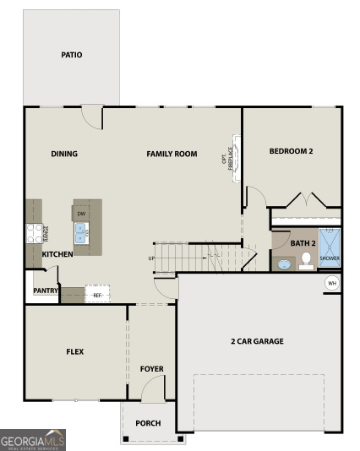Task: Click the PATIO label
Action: (x=72, y=55)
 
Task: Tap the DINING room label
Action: (x=64, y=154)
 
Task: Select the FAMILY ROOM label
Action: (x=172, y=154)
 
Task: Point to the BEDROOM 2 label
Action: (x=292, y=151)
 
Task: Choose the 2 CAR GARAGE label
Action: (x=257, y=341)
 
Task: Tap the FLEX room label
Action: (x=75, y=351)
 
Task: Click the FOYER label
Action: (x=152, y=368)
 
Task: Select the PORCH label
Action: (x=149, y=423)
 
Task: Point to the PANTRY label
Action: (x=46, y=291)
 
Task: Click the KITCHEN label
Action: (x=57, y=253)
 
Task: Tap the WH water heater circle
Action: (x=332, y=283)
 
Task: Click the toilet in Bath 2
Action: (x=306, y=261)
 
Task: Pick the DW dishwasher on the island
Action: (x=82, y=214)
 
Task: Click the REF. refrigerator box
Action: (x=97, y=296)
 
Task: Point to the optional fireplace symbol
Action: (x=235, y=158)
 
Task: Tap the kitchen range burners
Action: (x=35, y=232)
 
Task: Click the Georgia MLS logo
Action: (x=33, y=440)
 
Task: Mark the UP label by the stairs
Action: (x=151, y=258)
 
